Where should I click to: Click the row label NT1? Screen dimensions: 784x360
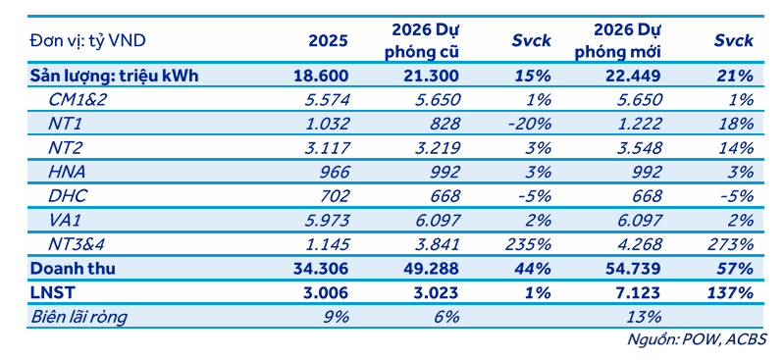pyautogui.click(x=63, y=124)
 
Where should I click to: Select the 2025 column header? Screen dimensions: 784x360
pyautogui.click(x=328, y=41)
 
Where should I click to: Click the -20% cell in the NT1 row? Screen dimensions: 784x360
pyautogui.click(x=530, y=124)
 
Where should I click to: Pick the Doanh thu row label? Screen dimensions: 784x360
pyautogui.click(x=73, y=269)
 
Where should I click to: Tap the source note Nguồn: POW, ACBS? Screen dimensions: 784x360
pyautogui.click(x=697, y=339)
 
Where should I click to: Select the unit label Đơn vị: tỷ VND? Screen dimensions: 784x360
pyautogui.click(x=87, y=41)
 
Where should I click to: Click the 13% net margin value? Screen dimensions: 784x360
pyautogui.click(x=649, y=317)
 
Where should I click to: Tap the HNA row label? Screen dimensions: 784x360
pyautogui.click(x=67, y=172)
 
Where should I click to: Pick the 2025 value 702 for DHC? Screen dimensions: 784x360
pyautogui.click(x=336, y=196)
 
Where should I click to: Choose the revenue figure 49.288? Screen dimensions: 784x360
pyautogui.click(x=433, y=269)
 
